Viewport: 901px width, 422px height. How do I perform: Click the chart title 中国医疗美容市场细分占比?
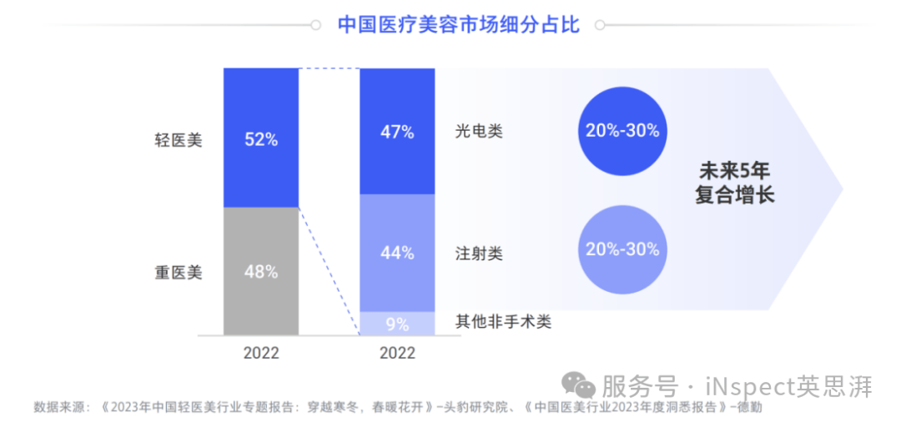click(x=458, y=24)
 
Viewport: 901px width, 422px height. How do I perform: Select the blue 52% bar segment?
click(x=261, y=138)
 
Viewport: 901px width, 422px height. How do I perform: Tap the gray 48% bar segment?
click(x=261, y=271)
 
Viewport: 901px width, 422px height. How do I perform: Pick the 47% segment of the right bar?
click(x=397, y=132)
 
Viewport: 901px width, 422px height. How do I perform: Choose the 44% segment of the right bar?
click(x=397, y=253)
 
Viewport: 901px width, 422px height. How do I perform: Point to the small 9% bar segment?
click(x=397, y=323)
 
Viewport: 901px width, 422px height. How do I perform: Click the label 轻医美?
click(x=179, y=139)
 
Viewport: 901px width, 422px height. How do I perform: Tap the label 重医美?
click(x=179, y=272)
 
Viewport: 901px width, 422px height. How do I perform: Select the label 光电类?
click(x=479, y=131)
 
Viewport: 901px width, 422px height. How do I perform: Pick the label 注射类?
click(x=479, y=253)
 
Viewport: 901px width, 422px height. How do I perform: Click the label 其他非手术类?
click(x=503, y=321)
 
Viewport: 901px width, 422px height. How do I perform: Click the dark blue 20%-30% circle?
click(x=622, y=130)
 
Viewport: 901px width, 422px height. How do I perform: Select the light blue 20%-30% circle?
click(x=622, y=249)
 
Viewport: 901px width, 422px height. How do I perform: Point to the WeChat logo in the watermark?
click(x=578, y=385)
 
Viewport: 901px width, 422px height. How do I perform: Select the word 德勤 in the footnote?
click(x=748, y=408)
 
